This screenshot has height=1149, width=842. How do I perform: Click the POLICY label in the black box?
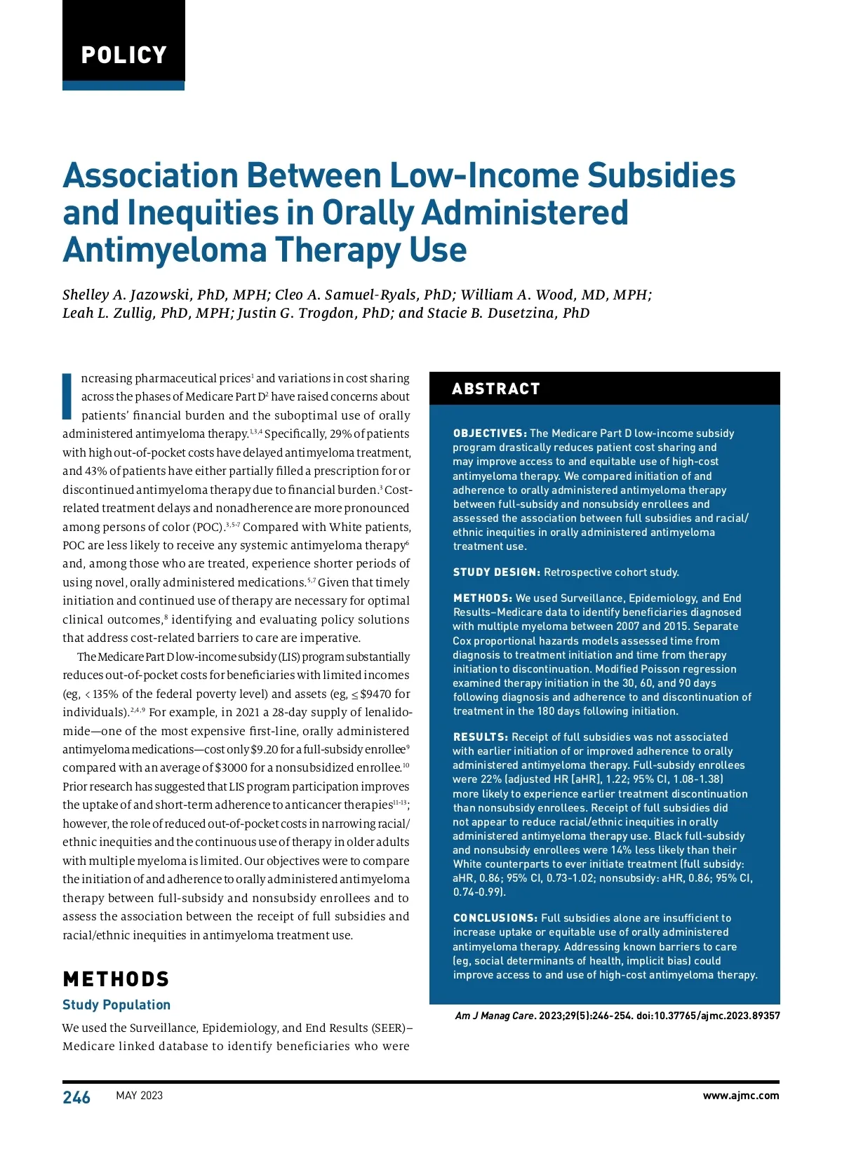click(x=123, y=55)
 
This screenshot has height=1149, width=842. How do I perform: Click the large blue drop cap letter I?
click(x=67, y=396)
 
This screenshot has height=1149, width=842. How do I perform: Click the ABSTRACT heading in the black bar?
click(x=496, y=389)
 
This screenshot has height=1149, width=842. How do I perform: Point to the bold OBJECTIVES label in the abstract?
click(x=490, y=434)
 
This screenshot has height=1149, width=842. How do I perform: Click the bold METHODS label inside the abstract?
click(x=483, y=598)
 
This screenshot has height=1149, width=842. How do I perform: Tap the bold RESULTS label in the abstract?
click(x=481, y=737)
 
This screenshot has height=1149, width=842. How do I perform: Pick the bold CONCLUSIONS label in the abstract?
click(x=495, y=918)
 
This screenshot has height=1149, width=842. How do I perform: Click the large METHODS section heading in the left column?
click(x=116, y=979)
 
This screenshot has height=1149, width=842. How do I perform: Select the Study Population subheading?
click(x=116, y=1004)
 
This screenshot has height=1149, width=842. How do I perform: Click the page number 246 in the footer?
click(x=76, y=1097)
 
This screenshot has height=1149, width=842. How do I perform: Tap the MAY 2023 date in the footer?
click(x=139, y=1096)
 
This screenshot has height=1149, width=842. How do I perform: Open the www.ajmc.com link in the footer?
click(x=741, y=1096)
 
